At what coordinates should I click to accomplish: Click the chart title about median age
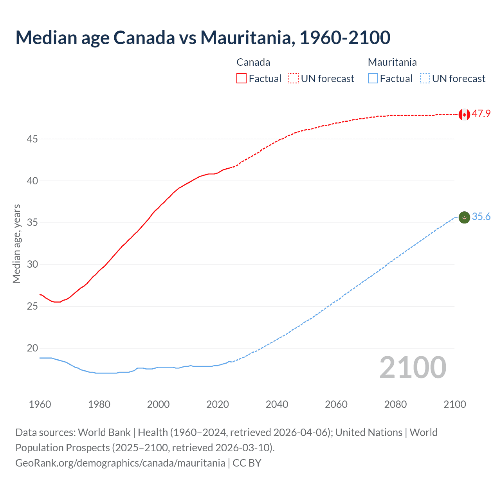coord(203,38)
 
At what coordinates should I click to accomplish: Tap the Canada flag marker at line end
coord(464,114)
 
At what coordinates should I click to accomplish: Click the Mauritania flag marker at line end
coord(464,217)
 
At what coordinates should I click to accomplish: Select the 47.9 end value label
coord(481,114)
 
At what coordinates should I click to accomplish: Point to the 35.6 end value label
coord(481,217)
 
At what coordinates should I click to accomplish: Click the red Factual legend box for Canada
coord(241,78)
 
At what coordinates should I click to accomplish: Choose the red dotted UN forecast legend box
coord(294,78)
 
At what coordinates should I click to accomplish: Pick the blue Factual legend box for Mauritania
coord(373,78)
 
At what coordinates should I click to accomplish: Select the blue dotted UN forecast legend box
coord(425,78)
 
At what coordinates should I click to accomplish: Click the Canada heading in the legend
coord(253,62)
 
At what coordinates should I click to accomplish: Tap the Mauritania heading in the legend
coord(392,62)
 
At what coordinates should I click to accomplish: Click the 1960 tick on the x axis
coord(40,404)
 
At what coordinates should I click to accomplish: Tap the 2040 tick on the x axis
coord(277,404)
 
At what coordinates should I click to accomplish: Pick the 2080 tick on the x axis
coord(395,404)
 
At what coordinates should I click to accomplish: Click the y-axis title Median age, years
coord(16,243)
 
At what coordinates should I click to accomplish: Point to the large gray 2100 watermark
coord(413,368)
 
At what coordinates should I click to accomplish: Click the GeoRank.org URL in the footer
coord(120,463)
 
